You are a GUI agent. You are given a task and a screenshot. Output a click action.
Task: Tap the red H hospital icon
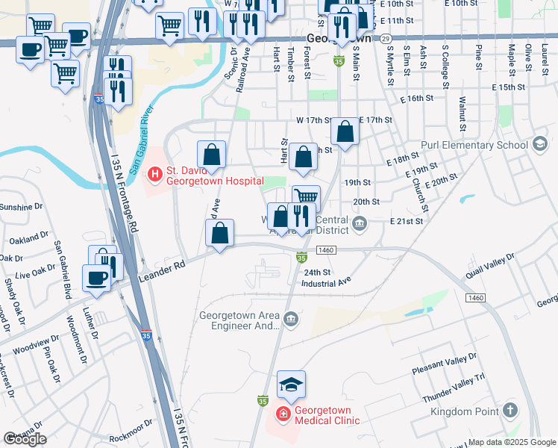155,175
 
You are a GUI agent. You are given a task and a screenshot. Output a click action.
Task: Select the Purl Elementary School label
484,145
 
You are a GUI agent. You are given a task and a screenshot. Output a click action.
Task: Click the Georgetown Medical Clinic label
327,415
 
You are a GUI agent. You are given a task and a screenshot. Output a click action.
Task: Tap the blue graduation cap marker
292,385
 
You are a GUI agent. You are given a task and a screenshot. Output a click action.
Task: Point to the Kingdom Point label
466,411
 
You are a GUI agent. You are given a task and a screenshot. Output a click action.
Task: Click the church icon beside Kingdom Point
510,410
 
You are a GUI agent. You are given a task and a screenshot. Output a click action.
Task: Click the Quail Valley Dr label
490,267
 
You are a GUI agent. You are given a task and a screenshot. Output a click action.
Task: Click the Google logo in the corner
25,439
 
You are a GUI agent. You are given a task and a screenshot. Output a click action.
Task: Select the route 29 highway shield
384,37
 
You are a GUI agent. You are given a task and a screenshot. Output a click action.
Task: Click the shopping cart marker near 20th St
306,196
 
